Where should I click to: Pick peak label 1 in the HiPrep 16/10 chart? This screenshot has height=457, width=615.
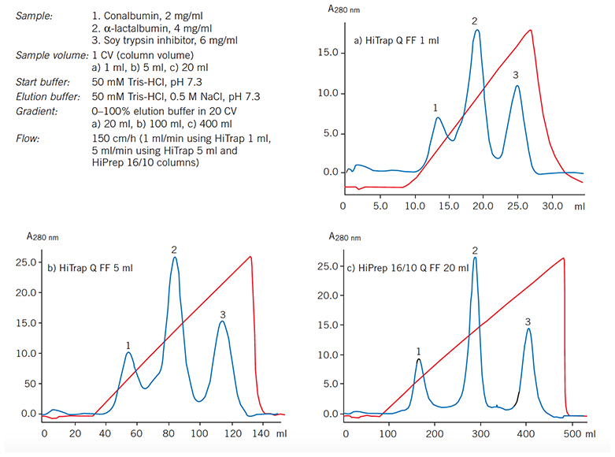418,351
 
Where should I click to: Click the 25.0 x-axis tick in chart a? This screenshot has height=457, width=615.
517,206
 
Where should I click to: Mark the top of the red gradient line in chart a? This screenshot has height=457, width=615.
532,31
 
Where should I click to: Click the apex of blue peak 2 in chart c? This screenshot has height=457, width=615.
475,258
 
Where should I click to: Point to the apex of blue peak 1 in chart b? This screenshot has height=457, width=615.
129,352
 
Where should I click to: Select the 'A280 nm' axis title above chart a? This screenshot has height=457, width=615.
344,9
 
